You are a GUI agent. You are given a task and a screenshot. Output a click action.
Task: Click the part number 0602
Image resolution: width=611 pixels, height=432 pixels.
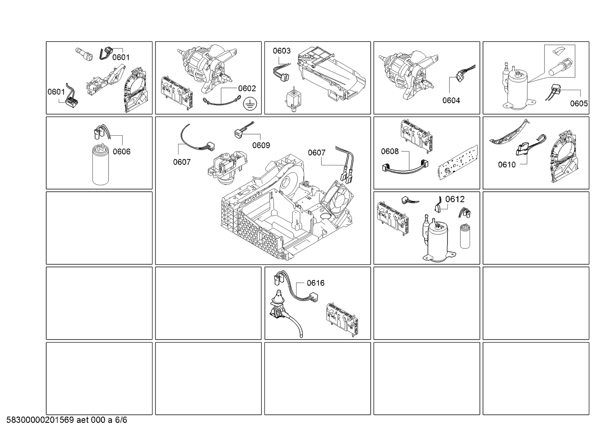(x=247, y=88)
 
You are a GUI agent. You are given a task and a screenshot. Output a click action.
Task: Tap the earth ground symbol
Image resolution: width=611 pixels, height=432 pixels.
(x=250, y=104)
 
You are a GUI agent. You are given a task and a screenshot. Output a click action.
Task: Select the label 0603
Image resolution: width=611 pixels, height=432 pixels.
(x=282, y=51)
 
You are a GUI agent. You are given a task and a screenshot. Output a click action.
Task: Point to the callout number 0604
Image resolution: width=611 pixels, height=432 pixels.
(x=451, y=100)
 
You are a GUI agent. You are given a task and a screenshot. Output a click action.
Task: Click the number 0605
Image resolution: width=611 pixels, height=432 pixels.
(x=579, y=104)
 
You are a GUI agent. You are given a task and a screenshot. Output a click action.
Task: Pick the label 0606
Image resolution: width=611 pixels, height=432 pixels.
(x=122, y=151)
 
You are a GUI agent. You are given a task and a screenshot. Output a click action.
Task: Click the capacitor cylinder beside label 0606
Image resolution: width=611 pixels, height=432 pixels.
(x=100, y=164)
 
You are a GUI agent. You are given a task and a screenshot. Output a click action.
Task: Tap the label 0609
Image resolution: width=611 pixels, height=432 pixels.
(x=261, y=146)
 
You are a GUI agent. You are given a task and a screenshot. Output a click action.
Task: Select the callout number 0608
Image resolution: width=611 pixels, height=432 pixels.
(x=390, y=151)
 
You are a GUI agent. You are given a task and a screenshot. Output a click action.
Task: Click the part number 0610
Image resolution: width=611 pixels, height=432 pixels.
(x=507, y=165)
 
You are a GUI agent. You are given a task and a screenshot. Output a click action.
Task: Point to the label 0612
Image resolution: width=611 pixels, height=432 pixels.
(x=455, y=199)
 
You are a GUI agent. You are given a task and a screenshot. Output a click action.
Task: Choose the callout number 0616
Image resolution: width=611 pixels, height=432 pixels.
(x=316, y=283)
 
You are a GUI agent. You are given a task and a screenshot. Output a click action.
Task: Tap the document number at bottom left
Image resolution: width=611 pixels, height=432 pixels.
(x=67, y=420)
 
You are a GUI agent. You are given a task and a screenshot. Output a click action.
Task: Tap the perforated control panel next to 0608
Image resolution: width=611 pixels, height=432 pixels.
(x=458, y=163)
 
